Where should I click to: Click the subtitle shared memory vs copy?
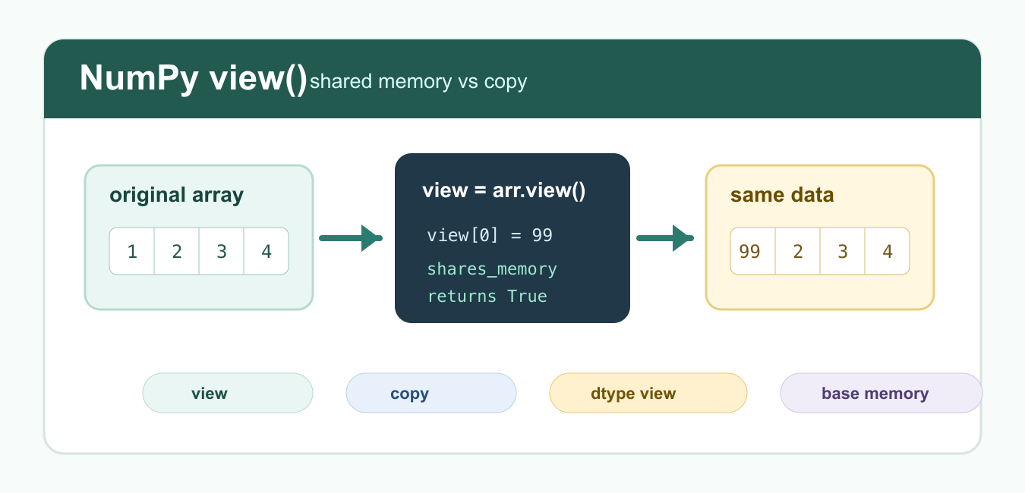(418, 82)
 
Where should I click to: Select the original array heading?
(177, 195)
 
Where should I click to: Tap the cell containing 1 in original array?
(132, 251)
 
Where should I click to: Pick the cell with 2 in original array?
(177, 251)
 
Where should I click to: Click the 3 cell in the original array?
(222, 251)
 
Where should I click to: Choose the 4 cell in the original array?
(266, 251)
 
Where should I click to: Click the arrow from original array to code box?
(351, 238)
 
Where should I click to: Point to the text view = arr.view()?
(504, 190)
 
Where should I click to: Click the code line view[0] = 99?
(490, 235)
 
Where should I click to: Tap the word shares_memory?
(492, 269)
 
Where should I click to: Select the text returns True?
(487, 297)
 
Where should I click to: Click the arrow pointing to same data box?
(665, 238)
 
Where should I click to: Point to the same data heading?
(782, 195)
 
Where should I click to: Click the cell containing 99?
(752, 251)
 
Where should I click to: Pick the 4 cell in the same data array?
(888, 251)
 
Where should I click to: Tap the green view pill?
(228, 393)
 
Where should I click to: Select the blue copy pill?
(431, 393)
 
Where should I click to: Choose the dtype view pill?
(648, 393)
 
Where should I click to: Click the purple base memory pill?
(881, 393)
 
